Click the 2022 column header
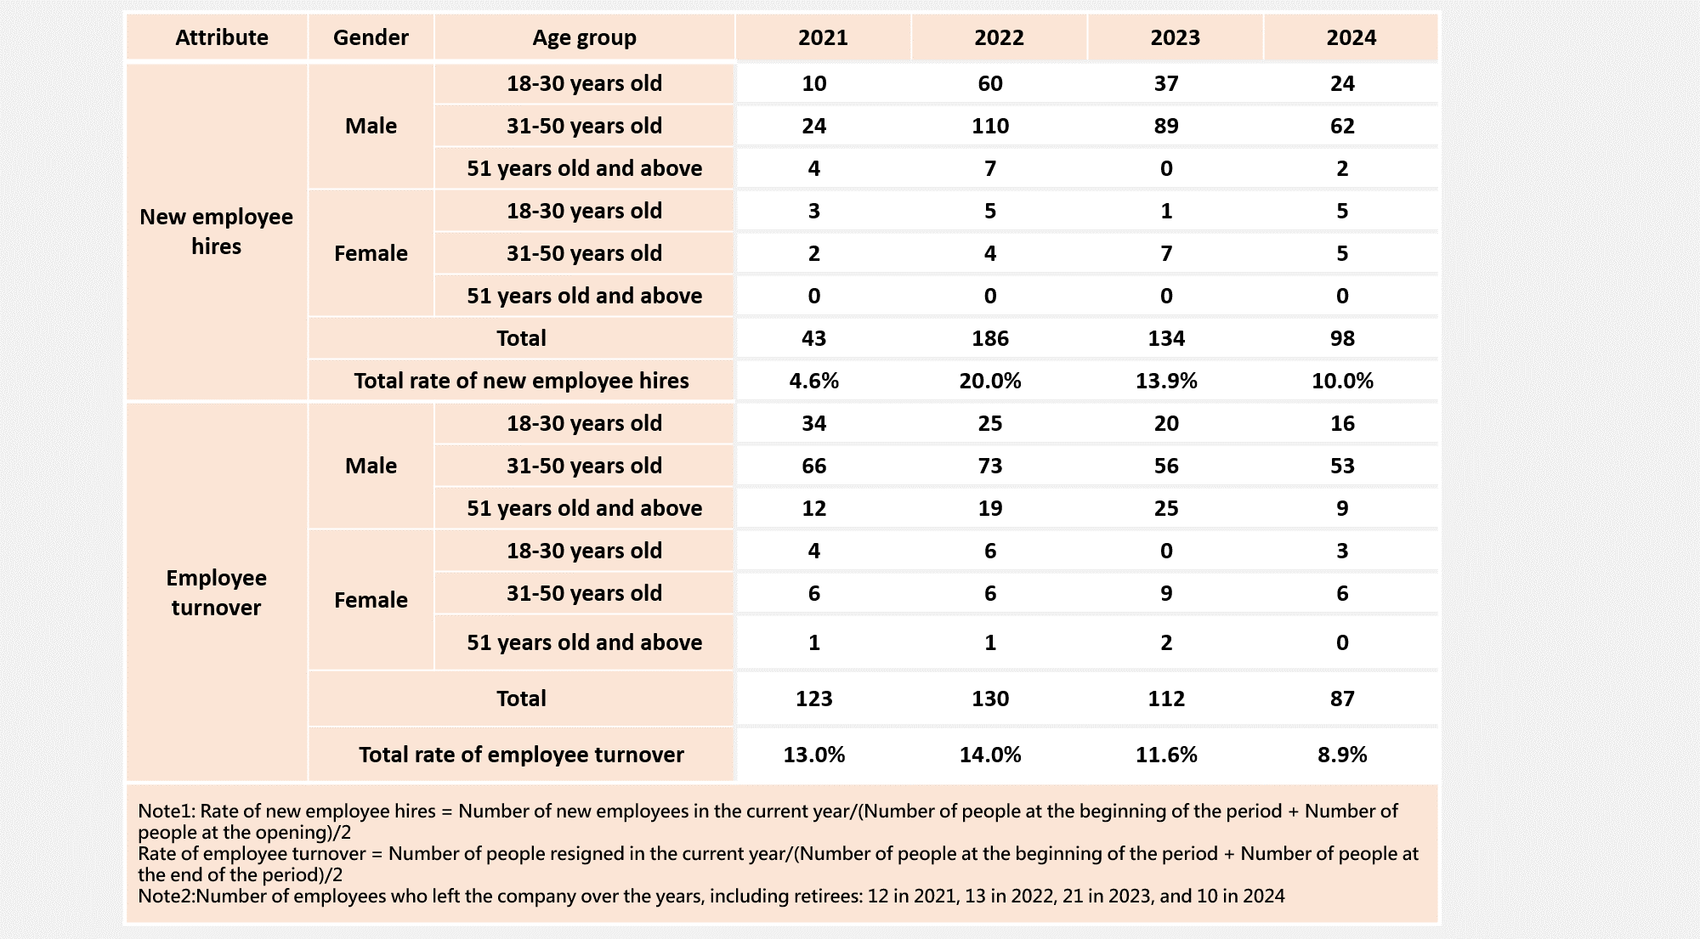[x=999, y=37]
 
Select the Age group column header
[x=584, y=38]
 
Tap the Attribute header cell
[x=222, y=37]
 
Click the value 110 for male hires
[x=990, y=126]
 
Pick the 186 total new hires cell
[x=990, y=338]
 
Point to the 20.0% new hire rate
[x=990, y=381]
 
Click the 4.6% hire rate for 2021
[x=813, y=381]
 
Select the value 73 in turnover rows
[x=990, y=466]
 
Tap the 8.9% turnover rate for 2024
[x=1342, y=755]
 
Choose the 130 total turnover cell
[x=990, y=699]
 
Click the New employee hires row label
[x=216, y=231]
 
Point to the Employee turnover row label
[x=216, y=592]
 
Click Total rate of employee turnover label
[x=521, y=755]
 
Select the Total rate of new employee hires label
[x=521, y=381]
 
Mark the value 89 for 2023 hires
[x=1166, y=126]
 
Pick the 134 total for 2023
[x=1166, y=338]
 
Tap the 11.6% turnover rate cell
[x=1166, y=755]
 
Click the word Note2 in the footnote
[x=164, y=896]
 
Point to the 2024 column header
[x=1351, y=37]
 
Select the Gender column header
[x=371, y=37]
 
